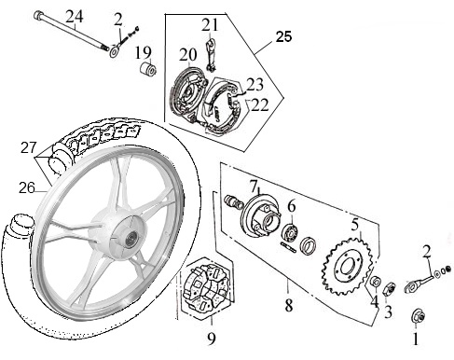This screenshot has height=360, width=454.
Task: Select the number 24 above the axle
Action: [x=75, y=17]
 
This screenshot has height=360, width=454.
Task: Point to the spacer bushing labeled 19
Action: [x=147, y=69]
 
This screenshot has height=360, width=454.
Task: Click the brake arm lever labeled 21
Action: [x=211, y=53]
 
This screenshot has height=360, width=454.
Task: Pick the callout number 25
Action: [x=284, y=36]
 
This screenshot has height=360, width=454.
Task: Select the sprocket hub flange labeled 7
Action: [x=260, y=215]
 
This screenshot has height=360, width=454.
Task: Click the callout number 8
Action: [x=289, y=306]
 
